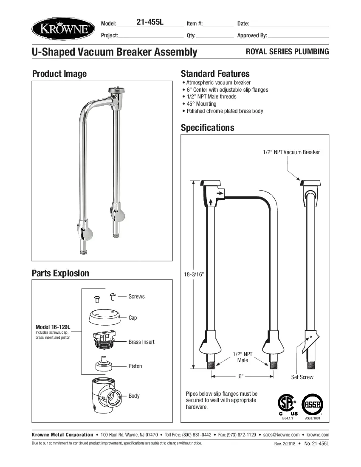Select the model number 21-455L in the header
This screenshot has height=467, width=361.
click(x=150, y=23)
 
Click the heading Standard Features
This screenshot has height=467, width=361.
click(x=215, y=73)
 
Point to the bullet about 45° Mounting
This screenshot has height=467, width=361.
click(x=201, y=104)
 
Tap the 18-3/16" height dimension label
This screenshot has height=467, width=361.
click(x=194, y=275)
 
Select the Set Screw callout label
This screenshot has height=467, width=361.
click(x=302, y=377)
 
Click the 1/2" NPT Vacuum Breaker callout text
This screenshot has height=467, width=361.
click(x=291, y=152)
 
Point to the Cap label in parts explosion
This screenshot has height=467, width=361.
click(x=133, y=318)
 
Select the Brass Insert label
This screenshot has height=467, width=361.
click(x=141, y=342)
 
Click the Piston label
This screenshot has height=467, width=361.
click(x=135, y=366)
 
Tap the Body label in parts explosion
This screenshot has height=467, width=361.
click(x=134, y=396)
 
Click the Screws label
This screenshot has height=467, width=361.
click(x=136, y=296)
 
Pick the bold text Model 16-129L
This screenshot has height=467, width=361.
click(x=53, y=327)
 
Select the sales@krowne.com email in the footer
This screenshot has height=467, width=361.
click(x=281, y=435)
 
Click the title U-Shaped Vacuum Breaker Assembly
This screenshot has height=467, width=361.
click(x=115, y=52)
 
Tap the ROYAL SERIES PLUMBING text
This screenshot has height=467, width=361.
click(x=288, y=52)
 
